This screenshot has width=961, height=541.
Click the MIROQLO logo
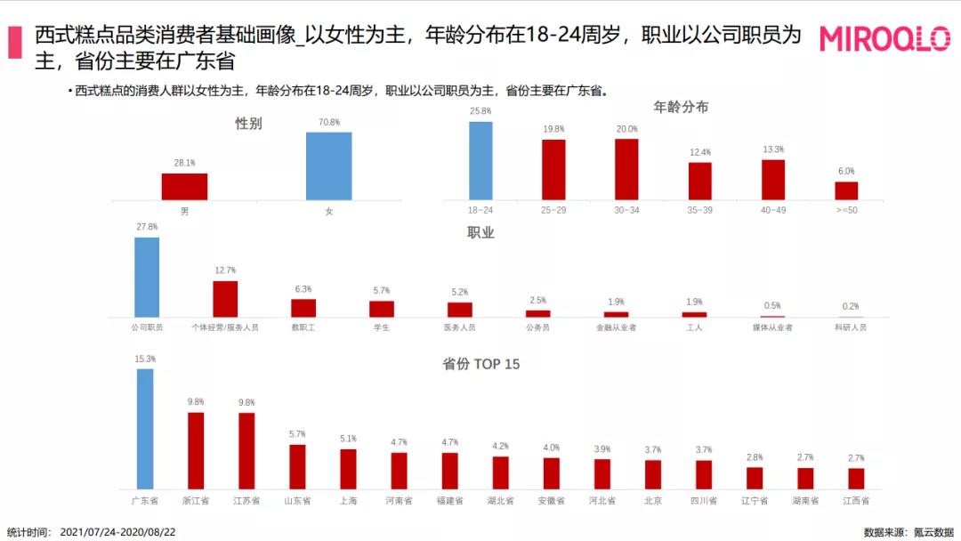pyautogui.click(x=884, y=39)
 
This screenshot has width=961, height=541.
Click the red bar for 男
pyautogui.click(x=184, y=186)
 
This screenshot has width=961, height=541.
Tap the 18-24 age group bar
pyautogui.click(x=480, y=160)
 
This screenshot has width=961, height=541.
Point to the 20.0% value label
pyautogui.click(x=626, y=129)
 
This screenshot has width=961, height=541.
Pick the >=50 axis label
pyautogui.click(x=845, y=211)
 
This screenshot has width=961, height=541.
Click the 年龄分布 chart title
pyautogui.click(x=681, y=107)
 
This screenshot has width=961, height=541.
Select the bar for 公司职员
pyautogui.click(x=147, y=277)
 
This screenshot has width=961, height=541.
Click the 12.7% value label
pyautogui.click(x=225, y=270)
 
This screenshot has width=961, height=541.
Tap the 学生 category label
pyautogui.click(x=382, y=327)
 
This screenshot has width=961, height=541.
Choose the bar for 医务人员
pyautogui.click(x=460, y=310)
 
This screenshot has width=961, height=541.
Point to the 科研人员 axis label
pyautogui.click(x=851, y=327)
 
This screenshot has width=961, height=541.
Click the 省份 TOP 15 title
pyautogui.click(x=481, y=364)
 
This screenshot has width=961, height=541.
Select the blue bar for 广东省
pyautogui.click(x=145, y=428)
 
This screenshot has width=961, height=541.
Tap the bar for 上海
pyautogui.click(x=348, y=469)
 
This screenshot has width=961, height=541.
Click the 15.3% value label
pyautogui.click(x=145, y=359)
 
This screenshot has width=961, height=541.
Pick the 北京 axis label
pyautogui.click(x=653, y=501)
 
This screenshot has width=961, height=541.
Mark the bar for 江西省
pyautogui.click(x=856, y=479)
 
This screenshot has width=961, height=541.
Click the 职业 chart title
pyautogui.click(x=480, y=233)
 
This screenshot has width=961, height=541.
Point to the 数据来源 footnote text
pyautogui.click(x=906, y=532)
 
